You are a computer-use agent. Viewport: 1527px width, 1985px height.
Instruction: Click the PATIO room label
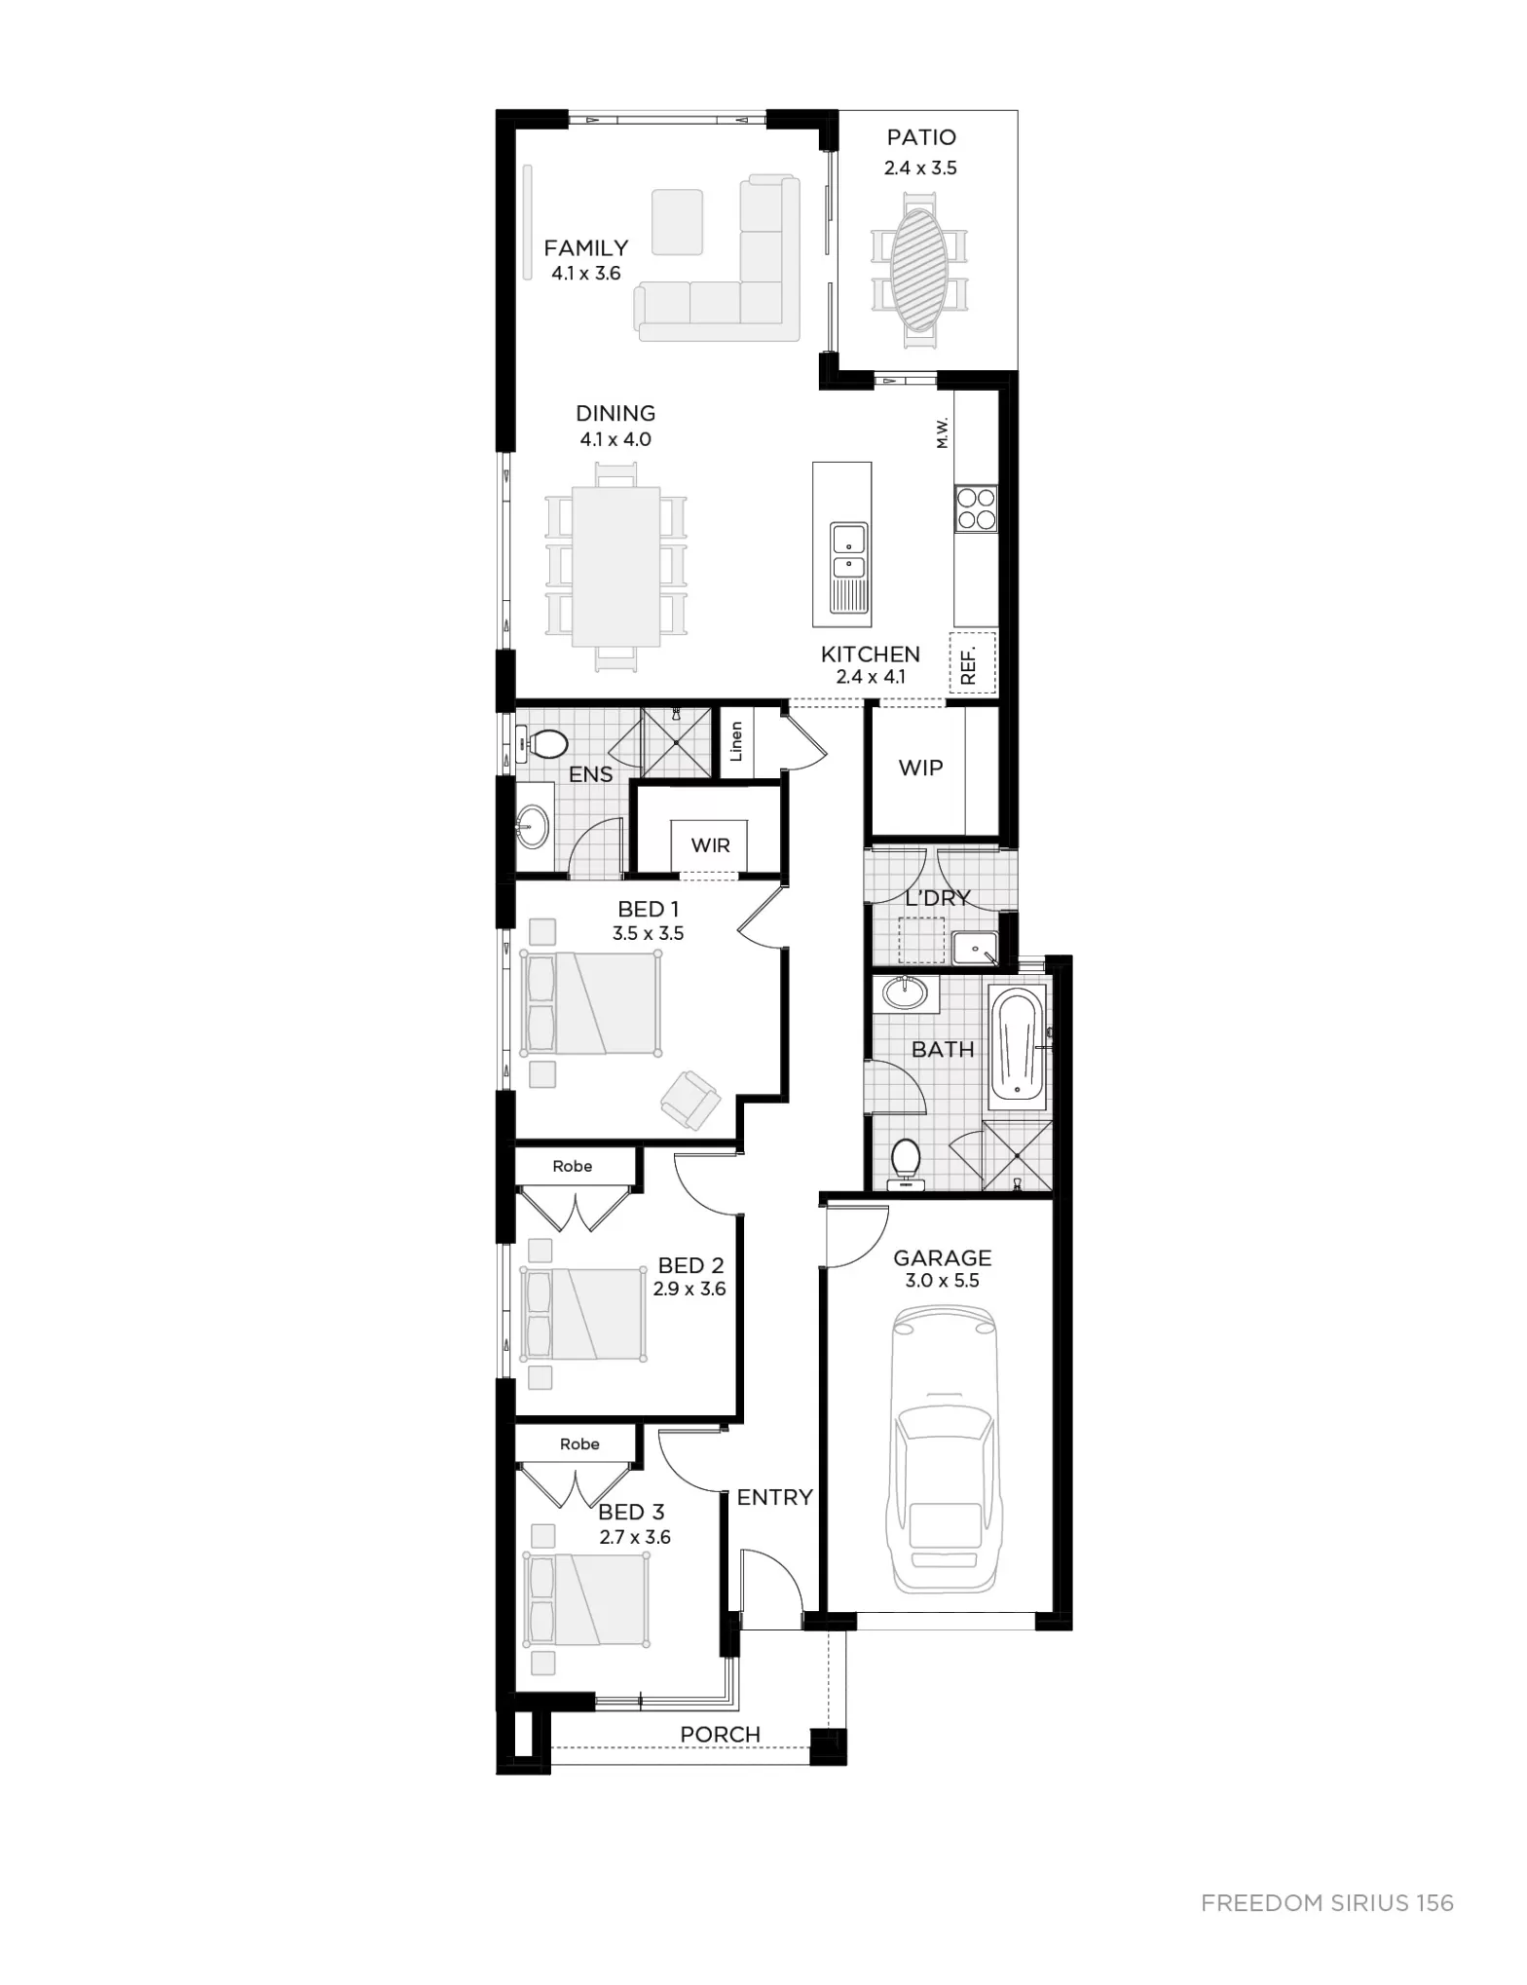(x=921, y=137)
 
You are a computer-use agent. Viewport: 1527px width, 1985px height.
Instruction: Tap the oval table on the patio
(x=919, y=271)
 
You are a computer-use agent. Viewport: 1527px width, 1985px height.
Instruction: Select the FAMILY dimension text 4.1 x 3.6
(x=586, y=274)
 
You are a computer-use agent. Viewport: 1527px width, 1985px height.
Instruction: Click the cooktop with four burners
(x=976, y=507)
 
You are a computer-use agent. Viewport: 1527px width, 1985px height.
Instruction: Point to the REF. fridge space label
(x=968, y=664)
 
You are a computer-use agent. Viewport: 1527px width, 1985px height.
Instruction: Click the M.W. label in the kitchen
(x=942, y=432)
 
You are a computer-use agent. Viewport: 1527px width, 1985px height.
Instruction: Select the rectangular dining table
(x=616, y=567)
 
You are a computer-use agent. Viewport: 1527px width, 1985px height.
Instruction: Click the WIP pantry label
(x=921, y=768)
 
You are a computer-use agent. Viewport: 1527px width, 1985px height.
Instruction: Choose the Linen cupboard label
(x=736, y=741)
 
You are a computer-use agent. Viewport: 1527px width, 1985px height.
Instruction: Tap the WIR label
(x=711, y=845)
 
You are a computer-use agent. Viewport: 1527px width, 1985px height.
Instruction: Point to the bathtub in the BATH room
(x=1017, y=1046)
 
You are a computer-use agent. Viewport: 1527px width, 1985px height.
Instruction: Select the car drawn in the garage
(x=943, y=1450)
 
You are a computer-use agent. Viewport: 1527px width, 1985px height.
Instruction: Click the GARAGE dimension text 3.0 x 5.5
(x=942, y=1281)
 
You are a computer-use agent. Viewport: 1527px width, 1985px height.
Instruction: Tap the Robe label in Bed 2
(x=573, y=1166)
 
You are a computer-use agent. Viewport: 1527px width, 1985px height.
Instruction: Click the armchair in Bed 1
(x=690, y=1100)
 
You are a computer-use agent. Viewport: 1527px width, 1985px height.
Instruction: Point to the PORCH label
(x=721, y=1735)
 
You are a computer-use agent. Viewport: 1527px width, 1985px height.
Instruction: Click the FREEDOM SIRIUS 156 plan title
(x=1327, y=1903)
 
